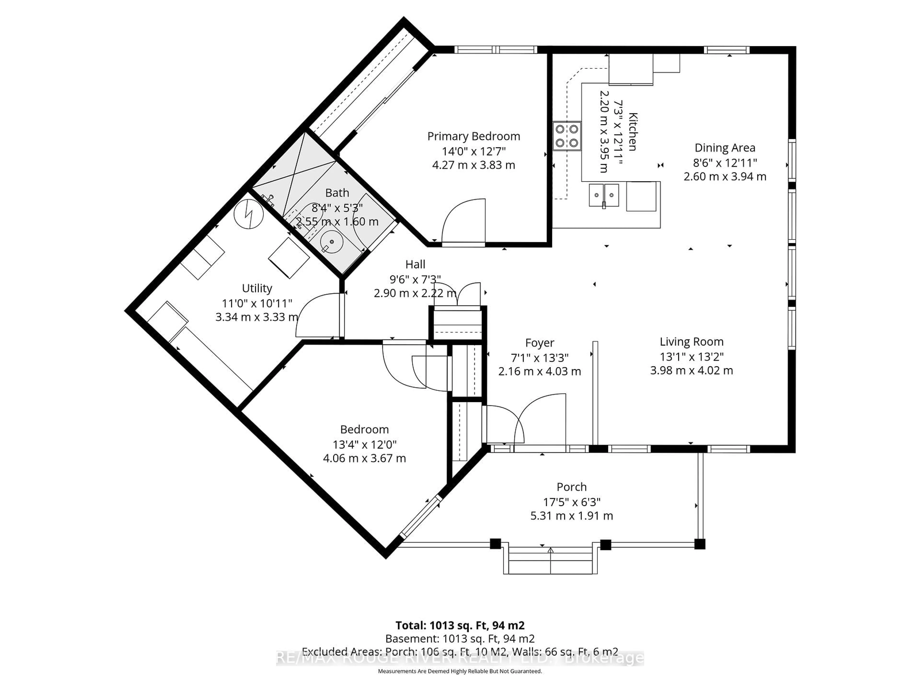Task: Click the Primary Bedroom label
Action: coord(473,136)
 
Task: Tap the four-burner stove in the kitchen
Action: coord(566,136)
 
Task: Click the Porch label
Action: coord(571,487)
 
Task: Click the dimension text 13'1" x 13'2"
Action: coord(691,356)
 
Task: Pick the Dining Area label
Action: coord(724,148)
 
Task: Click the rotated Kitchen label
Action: coord(632,132)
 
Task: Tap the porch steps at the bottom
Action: coord(550,562)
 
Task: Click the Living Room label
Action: coord(691,342)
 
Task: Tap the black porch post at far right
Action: coord(700,544)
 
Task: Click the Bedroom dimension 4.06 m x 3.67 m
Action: coord(364,458)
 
